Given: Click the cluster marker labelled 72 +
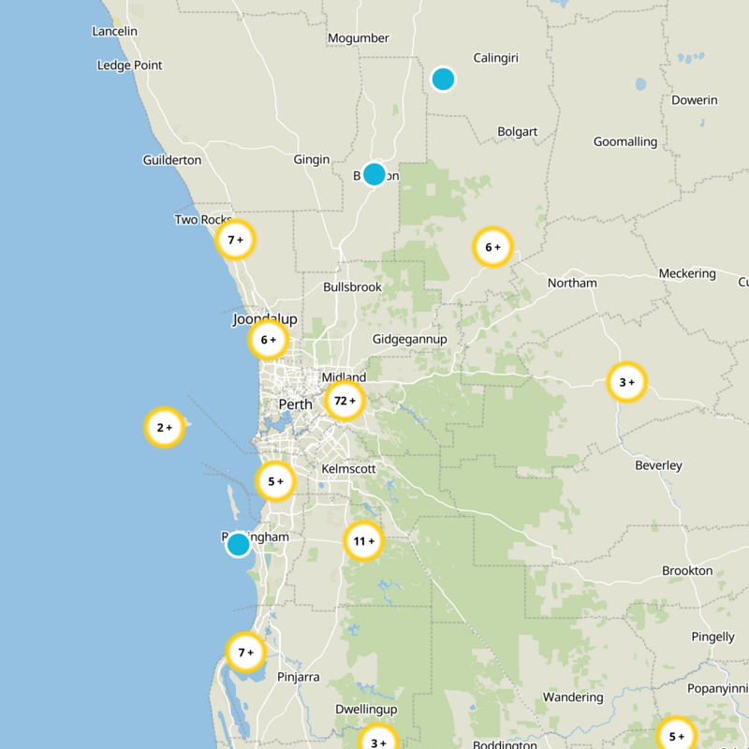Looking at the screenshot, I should pyautogui.click(x=344, y=402).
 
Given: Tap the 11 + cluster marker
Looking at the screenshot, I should pyautogui.click(x=363, y=541).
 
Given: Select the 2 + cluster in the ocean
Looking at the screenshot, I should pyautogui.click(x=164, y=428).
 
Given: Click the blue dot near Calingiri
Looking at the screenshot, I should pyautogui.click(x=443, y=79).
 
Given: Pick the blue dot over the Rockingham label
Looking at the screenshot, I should pyautogui.click(x=239, y=544).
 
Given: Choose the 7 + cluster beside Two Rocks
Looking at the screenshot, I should pyautogui.click(x=235, y=241).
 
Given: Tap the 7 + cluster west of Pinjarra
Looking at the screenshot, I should pyautogui.click(x=245, y=653).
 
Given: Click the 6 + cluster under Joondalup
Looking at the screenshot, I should pyautogui.click(x=268, y=341).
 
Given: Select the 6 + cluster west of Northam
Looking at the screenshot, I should pyautogui.click(x=492, y=248).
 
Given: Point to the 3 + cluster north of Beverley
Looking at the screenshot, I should pyautogui.click(x=626, y=382).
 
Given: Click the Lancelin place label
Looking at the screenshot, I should pyautogui.click(x=115, y=32).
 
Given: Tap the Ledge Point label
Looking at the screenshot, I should pyautogui.click(x=129, y=66).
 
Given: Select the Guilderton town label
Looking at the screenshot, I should pyautogui.click(x=171, y=160).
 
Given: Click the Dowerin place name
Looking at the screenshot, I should pyautogui.click(x=695, y=100).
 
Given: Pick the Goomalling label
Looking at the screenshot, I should pyautogui.click(x=625, y=142).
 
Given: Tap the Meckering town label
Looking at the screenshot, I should pyautogui.click(x=686, y=274).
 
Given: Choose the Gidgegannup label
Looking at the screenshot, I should pyautogui.click(x=410, y=339).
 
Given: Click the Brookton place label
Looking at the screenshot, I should pyautogui.click(x=687, y=571).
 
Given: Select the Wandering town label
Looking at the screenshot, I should pyautogui.click(x=573, y=698).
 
